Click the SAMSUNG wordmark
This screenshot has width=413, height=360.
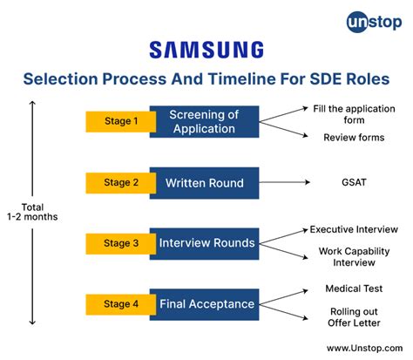click(x=206, y=50)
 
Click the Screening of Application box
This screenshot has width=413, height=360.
click(x=203, y=122)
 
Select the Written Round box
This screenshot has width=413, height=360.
click(x=203, y=183)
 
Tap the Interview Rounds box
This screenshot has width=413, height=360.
click(x=206, y=243)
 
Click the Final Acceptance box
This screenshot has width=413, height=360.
click(x=206, y=304)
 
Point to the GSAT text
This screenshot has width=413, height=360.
click(x=354, y=183)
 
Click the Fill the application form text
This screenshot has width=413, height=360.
click(x=354, y=114)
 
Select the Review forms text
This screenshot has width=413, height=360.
click(x=354, y=138)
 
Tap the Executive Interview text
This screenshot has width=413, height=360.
click(x=354, y=229)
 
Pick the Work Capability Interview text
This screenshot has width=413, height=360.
click(x=354, y=257)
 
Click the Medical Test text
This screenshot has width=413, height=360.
click(x=354, y=289)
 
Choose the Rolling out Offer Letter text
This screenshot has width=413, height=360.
click(x=354, y=316)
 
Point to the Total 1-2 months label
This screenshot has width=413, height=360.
click(x=34, y=212)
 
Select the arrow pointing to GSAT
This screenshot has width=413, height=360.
click(x=287, y=183)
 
